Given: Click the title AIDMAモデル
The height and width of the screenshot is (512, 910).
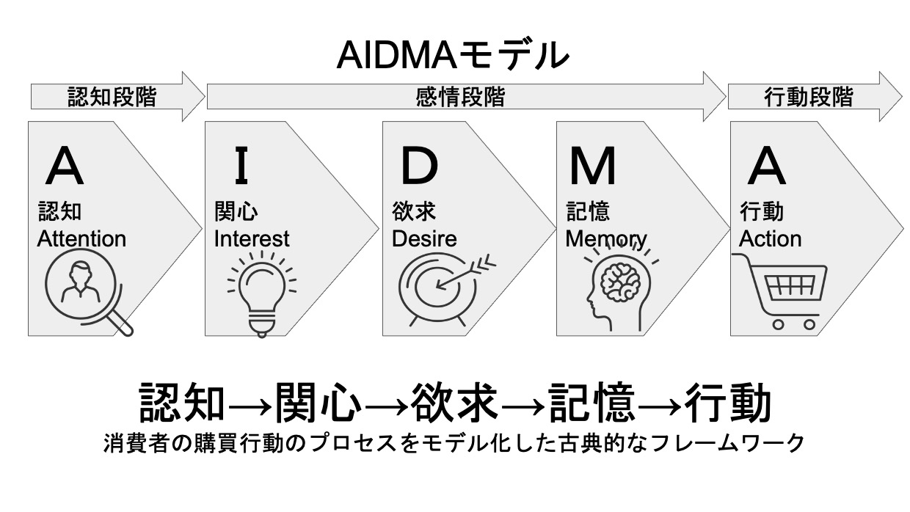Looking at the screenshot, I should click(453, 55).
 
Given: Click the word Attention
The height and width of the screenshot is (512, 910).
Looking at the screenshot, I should click(81, 238).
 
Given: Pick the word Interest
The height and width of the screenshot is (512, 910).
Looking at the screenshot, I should click(252, 238).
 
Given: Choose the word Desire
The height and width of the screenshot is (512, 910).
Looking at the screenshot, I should click(424, 238).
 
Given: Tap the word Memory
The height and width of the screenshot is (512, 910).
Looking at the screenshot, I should click(606, 238).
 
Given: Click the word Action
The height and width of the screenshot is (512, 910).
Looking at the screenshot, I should click(770, 238).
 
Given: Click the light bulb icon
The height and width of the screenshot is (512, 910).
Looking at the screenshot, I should click(261, 293).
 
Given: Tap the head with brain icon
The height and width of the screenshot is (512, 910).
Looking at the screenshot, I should click(618, 290).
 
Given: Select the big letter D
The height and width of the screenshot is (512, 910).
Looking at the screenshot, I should click(418, 167).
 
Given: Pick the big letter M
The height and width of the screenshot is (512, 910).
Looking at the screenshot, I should click(593, 167).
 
